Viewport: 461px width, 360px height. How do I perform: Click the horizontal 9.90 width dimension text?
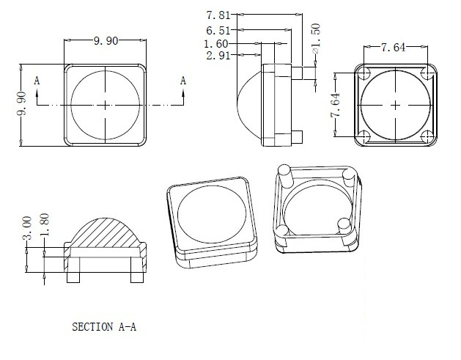pyautogui.click(x=106, y=42)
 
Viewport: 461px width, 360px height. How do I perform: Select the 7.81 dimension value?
pyautogui.click(x=218, y=15)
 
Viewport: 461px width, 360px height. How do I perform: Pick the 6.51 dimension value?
pyautogui.click(x=218, y=31)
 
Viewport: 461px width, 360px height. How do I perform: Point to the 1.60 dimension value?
pyautogui.click(x=218, y=43)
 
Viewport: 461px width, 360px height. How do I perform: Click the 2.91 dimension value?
pyautogui.click(x=218, y=56)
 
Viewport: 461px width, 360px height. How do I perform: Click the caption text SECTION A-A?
pyautogui.click(x=103, y=327)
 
